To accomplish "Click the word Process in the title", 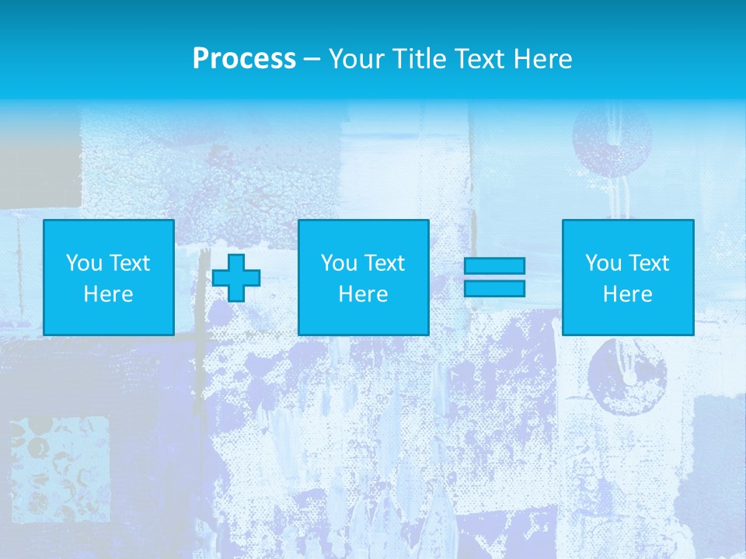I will coord(244,59).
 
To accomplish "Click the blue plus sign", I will coord(236,277).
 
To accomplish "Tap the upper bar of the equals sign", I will coord(494,266).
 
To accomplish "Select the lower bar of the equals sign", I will coord(494,288).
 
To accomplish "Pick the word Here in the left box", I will coord(108,294).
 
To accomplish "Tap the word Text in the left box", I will coord(129,263).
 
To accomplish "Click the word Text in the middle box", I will coord(384,263).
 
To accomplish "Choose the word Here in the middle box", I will coord(363,294).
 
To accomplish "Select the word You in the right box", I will coord(604,263).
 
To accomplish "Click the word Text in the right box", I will coord(648,263).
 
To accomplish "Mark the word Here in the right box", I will coord(627,294).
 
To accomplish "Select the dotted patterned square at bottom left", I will coord(59,463).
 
